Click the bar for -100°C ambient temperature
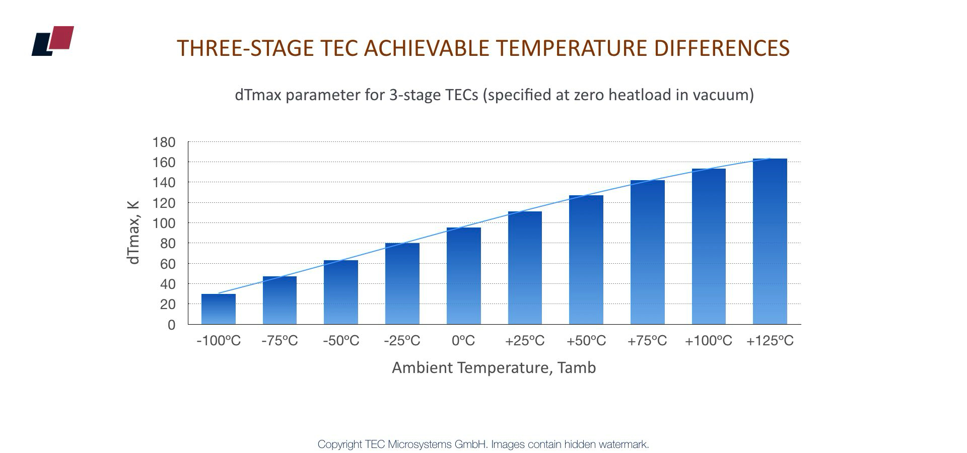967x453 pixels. click(218, 309)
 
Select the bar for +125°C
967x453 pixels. click(770, 242)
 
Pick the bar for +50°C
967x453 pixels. click(586, 260)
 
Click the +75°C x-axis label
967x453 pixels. click(647, 341)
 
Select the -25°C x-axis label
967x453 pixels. click(402, 341)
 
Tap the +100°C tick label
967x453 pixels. click(708, 341)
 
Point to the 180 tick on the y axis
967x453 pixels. click(164, 142)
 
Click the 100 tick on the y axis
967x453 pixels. click(164, 223)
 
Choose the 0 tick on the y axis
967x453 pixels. click(172, 325)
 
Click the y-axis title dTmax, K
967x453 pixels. click(133, 232)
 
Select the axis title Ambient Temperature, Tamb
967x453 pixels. click(494, 367)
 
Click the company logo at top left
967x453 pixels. click(53, 40)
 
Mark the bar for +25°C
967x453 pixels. click(525, 268)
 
